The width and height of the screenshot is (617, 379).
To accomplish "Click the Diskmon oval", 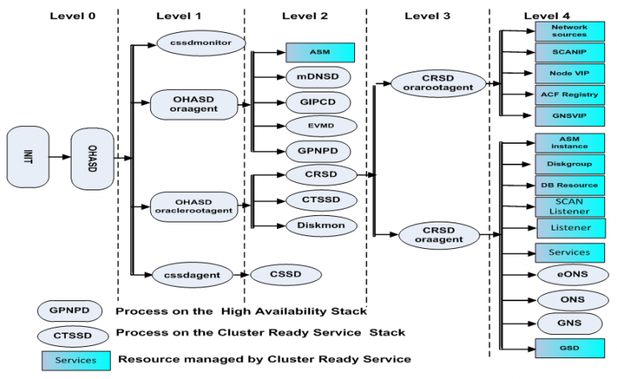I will click(321, 226).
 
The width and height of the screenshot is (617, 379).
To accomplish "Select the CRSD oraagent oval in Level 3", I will click(439, 234).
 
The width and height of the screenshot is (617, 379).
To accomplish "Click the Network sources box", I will click(569, 31).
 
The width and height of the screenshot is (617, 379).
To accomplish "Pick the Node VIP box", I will click(569, 72).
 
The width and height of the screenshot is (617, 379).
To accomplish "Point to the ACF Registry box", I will click(569, 94).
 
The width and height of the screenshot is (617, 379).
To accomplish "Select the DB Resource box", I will click(569, 185).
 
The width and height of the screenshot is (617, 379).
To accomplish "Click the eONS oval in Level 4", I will click(569, 275).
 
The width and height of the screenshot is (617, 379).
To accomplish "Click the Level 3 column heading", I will click(428, 15).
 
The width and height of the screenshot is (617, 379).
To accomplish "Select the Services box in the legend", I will click(76, 359).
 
